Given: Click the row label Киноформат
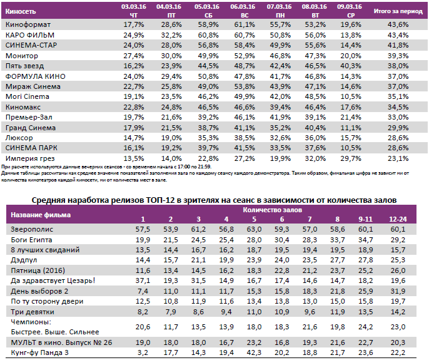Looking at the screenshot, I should [28, 24].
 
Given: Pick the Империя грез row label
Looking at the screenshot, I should [29, 158].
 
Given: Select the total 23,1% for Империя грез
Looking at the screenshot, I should [398, 158].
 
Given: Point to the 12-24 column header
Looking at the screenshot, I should [397, 219].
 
